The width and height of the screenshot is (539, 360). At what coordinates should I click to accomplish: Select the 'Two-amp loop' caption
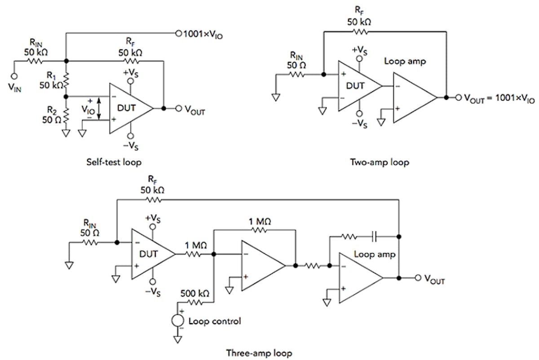[380, 162]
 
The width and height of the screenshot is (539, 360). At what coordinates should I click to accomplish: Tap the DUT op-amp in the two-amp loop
[357, 85]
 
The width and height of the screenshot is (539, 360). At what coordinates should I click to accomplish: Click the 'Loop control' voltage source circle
[177, 321]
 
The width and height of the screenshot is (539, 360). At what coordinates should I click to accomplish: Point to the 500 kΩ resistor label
[194, 293]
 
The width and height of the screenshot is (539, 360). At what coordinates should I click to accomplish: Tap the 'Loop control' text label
[215, 321]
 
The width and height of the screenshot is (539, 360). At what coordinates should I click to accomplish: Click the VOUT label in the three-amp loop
[433, 280]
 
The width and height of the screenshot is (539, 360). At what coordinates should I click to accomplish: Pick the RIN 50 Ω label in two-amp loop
[296, 60]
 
